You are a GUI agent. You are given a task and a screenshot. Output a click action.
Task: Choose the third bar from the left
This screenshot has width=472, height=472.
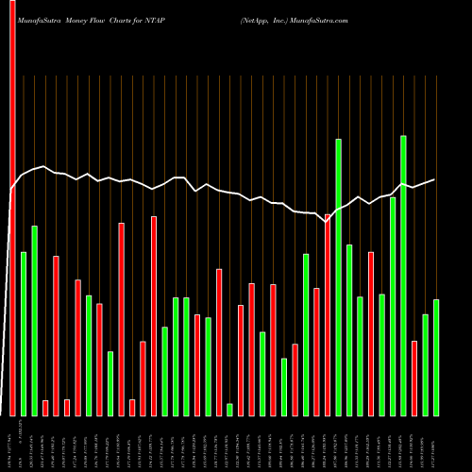34,320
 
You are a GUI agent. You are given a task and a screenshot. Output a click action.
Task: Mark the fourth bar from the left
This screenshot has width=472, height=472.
45,408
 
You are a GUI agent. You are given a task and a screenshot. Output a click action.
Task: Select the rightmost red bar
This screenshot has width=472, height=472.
414,378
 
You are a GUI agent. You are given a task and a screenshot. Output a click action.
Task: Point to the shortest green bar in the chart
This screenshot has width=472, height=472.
229,409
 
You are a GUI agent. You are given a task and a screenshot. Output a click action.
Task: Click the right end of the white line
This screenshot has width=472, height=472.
435,179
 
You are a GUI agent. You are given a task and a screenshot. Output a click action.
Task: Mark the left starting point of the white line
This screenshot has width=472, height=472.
11,190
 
